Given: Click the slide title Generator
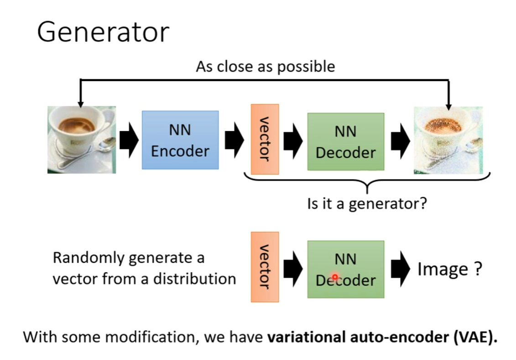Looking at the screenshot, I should coord(103,33).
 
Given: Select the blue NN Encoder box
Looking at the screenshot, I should coord(180,140).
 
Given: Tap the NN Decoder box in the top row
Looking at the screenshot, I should coord(345,141).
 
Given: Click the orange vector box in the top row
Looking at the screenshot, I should coord(265,139).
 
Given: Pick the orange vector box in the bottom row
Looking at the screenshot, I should coord(265,267).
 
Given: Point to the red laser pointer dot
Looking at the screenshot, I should coord(334,277).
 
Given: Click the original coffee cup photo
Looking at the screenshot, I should coord(82,140).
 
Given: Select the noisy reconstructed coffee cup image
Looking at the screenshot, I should coord(448,140).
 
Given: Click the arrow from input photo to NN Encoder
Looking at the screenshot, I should coord(129,140).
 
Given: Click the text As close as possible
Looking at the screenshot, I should coord(266,67).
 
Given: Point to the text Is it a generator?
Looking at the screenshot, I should coord(367,203).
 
